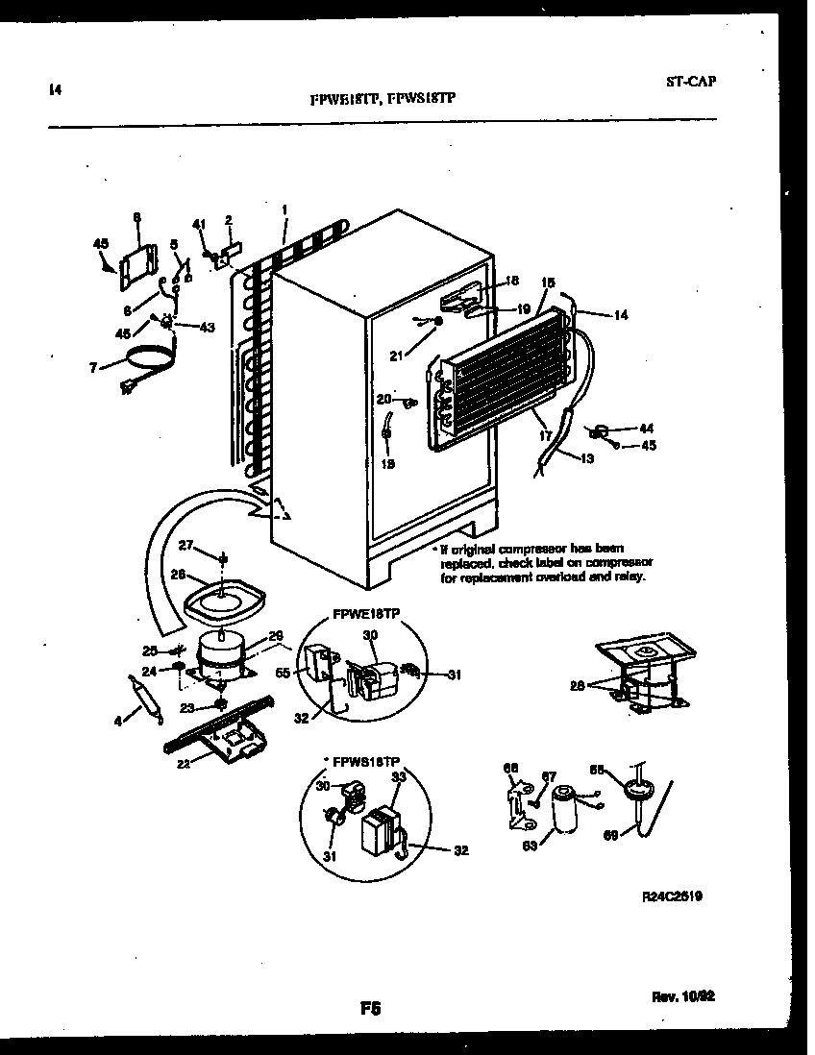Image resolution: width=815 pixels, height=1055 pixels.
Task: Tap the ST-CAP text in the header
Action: coord(690,82)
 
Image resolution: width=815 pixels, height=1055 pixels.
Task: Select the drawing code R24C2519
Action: coord(671,896)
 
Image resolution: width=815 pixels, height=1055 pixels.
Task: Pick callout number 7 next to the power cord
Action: coord(93,368)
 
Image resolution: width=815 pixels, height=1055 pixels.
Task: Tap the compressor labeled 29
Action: coord(221,657)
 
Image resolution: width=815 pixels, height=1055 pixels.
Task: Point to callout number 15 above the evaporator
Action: coord(548,282)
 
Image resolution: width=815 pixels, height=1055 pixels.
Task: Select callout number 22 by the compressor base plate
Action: coord(185,764)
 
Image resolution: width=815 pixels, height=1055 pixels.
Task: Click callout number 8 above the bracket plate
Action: coord(136,217)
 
